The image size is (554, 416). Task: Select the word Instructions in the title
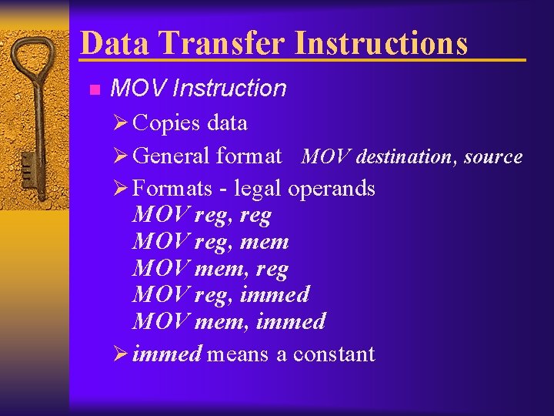[x=382, y=43]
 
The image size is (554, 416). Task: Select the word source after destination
[x=493, y=157]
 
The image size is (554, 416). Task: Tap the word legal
[x=259, y=189]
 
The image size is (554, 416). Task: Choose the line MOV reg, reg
[x=202, y=216]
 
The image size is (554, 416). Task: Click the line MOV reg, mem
[x=210, y=242]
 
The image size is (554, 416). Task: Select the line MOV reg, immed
[x=221, y=294]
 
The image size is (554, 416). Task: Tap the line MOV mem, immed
[x=229, y=320]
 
